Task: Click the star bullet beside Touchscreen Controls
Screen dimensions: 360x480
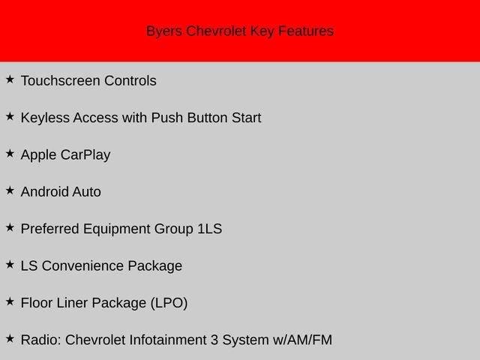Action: point(10,79)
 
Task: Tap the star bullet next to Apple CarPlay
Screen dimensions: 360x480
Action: point(10,153)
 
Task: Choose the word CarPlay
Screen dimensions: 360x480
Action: point(85,155)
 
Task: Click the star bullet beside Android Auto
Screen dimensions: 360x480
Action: point(10,190)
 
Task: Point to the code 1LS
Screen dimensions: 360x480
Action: point(209,229)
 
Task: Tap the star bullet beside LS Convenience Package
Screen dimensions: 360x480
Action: point(10,264)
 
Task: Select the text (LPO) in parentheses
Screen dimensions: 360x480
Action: point(169,303)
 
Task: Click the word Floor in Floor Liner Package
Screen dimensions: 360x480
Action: point(37,303)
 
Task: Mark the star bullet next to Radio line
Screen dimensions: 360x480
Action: point(10,338)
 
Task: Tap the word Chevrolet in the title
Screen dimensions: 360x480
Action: point(216,31)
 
